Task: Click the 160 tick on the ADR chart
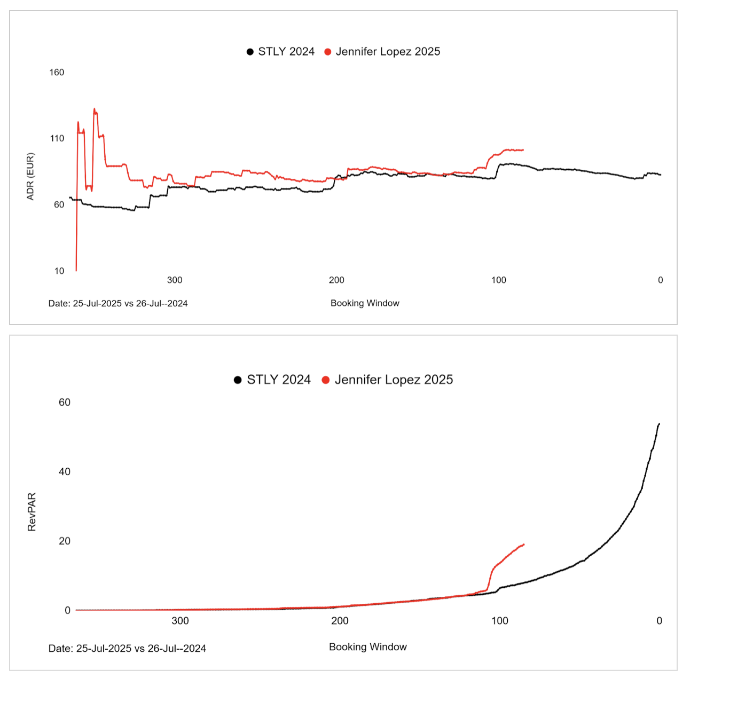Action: [57, 73]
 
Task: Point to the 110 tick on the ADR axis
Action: [57, 139]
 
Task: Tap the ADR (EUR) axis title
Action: [30, 177]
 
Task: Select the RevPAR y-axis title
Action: [32, 512]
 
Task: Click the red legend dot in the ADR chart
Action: [328, 52]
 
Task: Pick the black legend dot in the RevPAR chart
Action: [238, 380]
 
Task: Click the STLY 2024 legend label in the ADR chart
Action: [286, 52]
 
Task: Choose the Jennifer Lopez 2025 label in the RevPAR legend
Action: [394, 380]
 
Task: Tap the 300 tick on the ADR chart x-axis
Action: [175, 280]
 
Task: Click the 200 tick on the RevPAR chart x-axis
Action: [340, 621]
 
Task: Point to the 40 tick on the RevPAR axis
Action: [65, 472]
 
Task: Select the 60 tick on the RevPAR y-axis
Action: [65, 403]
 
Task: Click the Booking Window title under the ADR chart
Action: [365, 303]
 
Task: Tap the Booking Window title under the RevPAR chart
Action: [367, 647]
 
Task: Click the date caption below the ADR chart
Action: [118, 304]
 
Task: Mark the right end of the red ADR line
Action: [523, 150]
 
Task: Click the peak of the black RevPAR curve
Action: [659, 424]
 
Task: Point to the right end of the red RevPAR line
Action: [524, 545]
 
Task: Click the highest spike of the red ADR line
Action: [95, 109]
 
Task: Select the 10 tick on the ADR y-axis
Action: [59, 271]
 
